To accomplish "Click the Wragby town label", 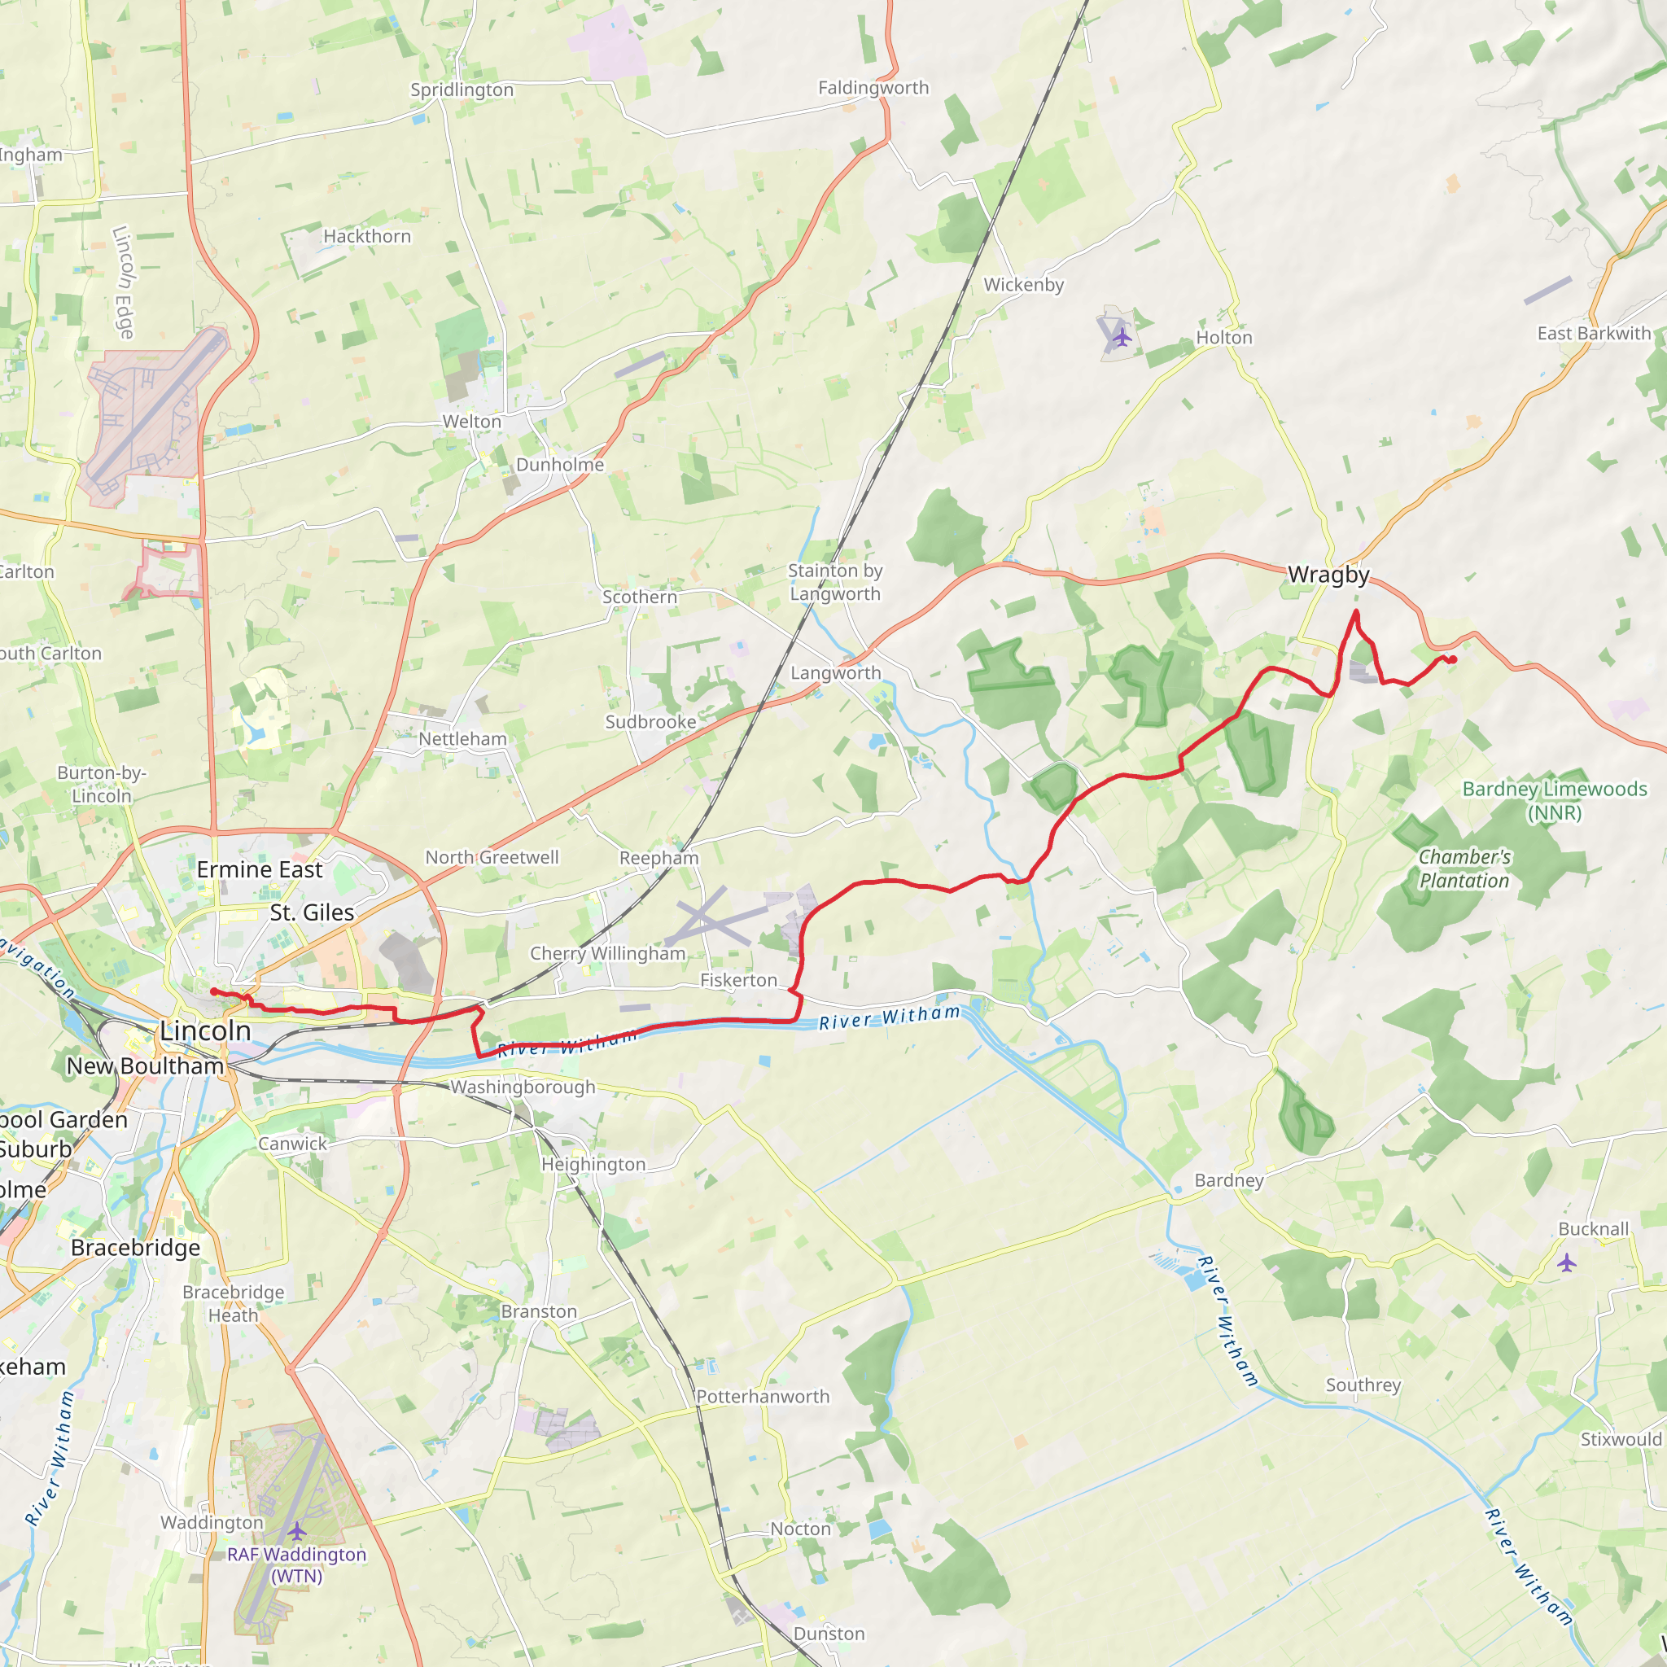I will point(1328,575).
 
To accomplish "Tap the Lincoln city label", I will point(205,1030).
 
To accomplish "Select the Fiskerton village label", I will point(737,980).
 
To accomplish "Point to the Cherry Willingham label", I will point(607,953).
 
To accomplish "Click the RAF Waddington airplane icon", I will point(297,1532).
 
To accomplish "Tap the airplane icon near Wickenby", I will point(1122,336).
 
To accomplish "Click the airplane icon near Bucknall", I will point(1567,1263).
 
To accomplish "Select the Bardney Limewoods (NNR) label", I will point(1554,801).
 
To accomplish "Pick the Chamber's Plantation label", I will point(1464,869).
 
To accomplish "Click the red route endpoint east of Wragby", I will point(1453,660).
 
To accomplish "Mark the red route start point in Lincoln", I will point(214,991).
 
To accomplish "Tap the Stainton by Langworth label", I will point(834,583).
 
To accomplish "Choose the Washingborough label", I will point(523,1087).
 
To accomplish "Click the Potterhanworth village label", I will point(763,1397).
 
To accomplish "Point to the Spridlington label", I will point(462,90).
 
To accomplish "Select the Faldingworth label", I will point(873,88).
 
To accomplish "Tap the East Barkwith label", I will point(1594,334).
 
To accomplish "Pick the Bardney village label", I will point(1228,1180).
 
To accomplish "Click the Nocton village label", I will point(800,1529).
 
